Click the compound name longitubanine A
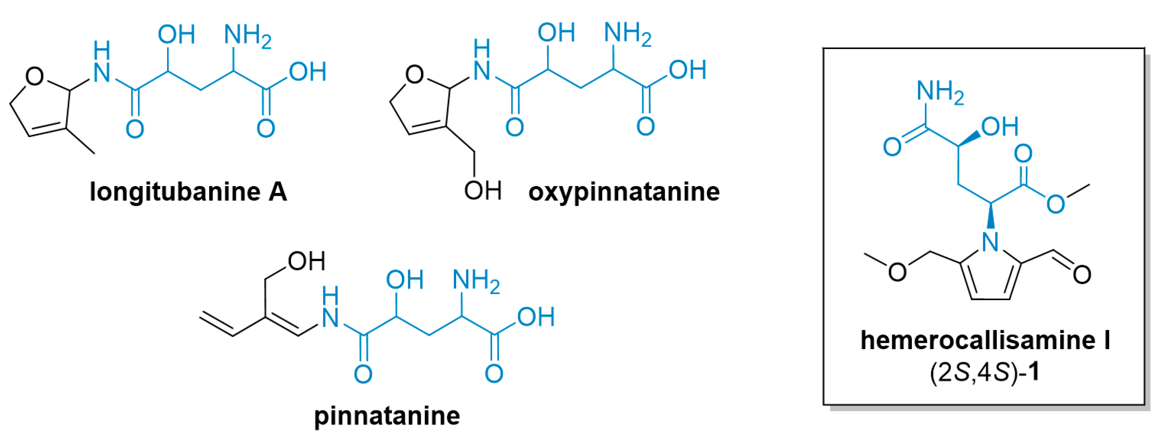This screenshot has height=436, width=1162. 188,192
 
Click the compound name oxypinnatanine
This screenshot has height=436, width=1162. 624,192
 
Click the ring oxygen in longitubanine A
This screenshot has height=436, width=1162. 35,76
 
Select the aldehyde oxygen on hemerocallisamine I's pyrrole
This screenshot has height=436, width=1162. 1082,274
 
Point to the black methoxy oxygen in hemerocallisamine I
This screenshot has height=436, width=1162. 897,272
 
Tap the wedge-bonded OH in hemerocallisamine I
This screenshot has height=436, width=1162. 999,127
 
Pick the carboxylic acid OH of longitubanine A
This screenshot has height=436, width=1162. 308,72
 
